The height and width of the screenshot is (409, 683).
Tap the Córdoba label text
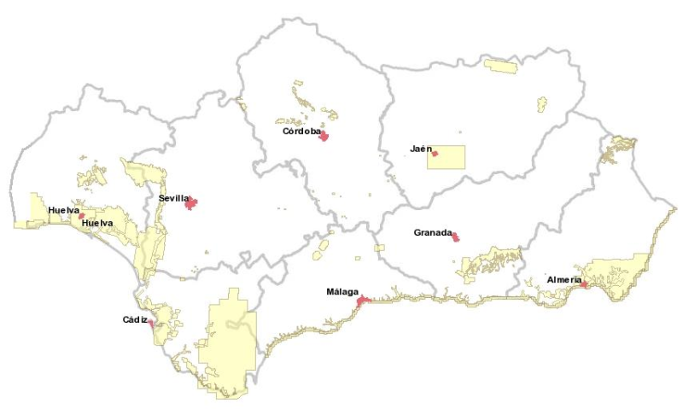301,132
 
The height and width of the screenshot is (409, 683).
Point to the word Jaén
418,149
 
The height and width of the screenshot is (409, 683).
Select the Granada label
431,232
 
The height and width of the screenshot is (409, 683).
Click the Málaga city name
342,292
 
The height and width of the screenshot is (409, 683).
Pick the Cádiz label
135,320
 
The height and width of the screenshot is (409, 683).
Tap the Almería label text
563,280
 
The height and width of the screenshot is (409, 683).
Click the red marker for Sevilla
191,203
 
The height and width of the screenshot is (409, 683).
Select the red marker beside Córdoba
324,135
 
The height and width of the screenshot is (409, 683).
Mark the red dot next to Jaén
435,154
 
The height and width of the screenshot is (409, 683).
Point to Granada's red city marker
456,237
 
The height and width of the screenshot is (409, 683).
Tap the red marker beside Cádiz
151,324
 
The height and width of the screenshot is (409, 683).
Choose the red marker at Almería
584,284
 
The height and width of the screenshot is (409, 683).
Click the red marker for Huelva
82,216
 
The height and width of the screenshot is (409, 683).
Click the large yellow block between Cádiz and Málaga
227,342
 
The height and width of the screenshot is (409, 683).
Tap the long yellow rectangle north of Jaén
500,66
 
